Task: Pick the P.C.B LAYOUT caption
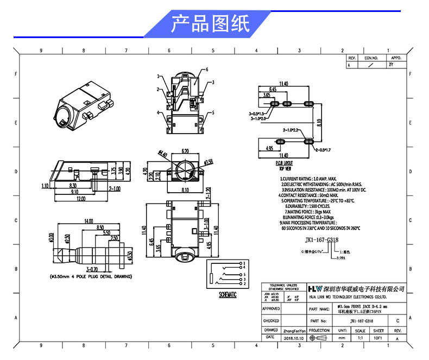[x=284, y=162]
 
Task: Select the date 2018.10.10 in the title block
[x=294, y=337]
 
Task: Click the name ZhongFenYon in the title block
[x=294, y=330]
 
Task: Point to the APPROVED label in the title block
[x=270, y=308]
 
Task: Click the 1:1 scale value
[x=360, y=337]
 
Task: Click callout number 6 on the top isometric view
[x=207, y=70]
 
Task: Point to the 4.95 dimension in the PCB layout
[x=269, y=148]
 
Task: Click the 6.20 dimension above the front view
[x=185, y=151]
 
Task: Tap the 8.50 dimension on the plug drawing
[x=100, y=227]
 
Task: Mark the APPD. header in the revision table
[x=396, y=57]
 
